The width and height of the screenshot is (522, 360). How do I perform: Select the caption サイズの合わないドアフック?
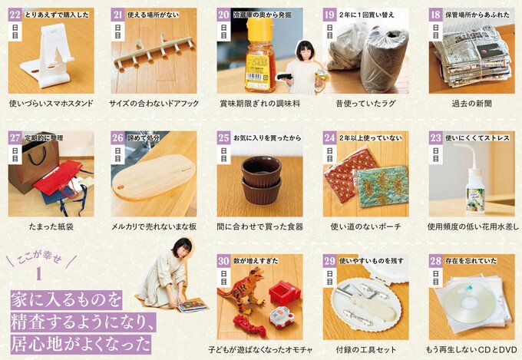(x=154, y=103)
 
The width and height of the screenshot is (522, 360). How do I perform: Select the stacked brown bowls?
(x=261, y=178)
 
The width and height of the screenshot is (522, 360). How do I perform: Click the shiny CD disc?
(x=463, y=303)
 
